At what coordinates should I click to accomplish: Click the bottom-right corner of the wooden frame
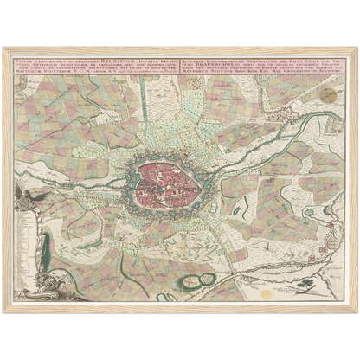point(357,312)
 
